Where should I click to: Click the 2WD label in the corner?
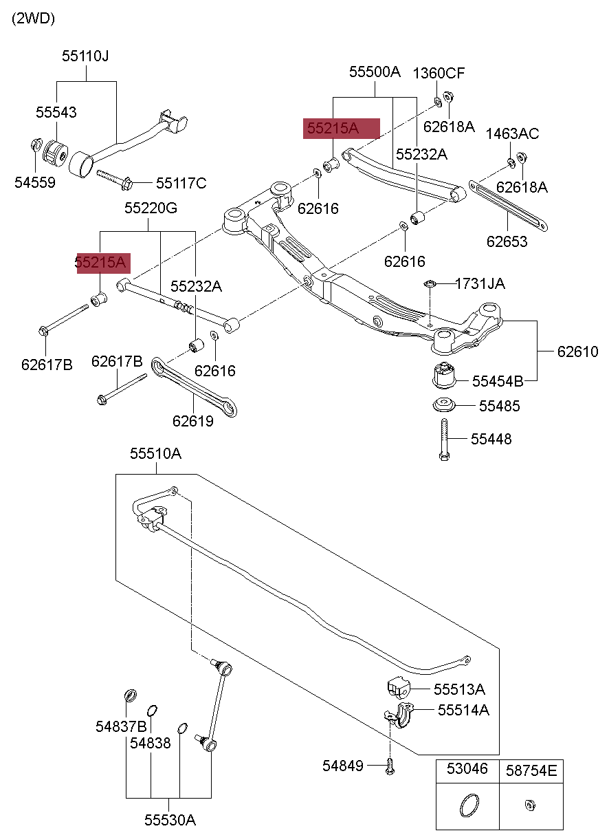click(33, 19)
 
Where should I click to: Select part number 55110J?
click(85, 56)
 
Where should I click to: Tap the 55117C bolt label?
click(181, 183)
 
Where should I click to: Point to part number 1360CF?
click(439, 73)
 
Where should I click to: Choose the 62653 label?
click(507, 241)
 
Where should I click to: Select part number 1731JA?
click(480, 283)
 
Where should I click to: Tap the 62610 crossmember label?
click(577, 352)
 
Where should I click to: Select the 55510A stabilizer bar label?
click(156, 453)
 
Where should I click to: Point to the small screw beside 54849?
click(390, 766)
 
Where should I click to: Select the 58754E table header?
click(531, 770)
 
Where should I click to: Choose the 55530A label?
click(170, 820)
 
